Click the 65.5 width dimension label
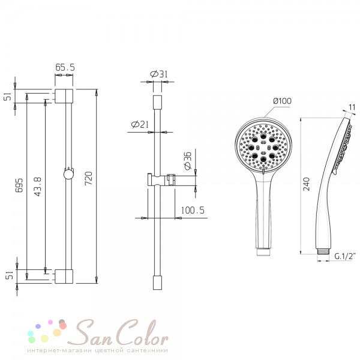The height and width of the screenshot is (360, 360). click(65, 67)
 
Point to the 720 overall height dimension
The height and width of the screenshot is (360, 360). click(89, 178)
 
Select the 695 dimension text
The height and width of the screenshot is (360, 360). click(20, 185)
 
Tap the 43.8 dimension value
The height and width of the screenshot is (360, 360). click(38, 187)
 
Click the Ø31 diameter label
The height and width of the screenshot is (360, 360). click(158, 74)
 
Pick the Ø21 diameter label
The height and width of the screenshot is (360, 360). click(140, 124)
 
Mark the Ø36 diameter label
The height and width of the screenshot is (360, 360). click(188, 161)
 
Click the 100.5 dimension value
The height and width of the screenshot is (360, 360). click(193, 211)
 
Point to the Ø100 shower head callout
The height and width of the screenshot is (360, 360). click(283, 101)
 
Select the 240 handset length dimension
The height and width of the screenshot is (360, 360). click(307, 184)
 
